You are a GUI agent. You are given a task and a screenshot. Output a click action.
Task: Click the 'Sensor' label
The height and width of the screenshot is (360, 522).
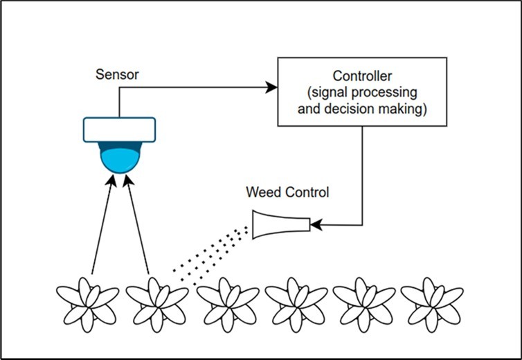pyautogui.click(x=117, y=74)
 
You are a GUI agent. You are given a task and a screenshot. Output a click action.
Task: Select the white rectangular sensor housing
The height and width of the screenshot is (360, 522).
pyautogui.click(x=120, y=129)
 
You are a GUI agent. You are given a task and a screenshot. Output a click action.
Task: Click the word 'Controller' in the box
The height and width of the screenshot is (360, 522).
pyautogui.click(x=362, y=76)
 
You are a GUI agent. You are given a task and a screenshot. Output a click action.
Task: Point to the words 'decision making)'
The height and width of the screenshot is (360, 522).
pyautogui.click(x=362, y=109)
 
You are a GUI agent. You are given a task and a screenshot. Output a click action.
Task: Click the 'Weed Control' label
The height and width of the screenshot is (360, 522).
pyautogui.click(x=288, y=192)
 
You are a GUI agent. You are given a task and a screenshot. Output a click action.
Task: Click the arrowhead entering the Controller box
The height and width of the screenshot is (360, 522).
pyautogui.click(x=272, y=87)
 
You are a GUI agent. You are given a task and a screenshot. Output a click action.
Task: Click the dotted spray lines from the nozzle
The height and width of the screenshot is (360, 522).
pyautogui.click(x=211, y=254)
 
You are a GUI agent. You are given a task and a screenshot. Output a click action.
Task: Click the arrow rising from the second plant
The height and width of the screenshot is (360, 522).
pyautogui.click(x=138, y=222)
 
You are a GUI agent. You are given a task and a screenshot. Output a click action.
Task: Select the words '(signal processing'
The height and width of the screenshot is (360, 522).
pyautogui.click(x=362, y=92)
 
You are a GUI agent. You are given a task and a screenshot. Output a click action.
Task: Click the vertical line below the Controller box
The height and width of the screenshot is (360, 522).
pyautogui.click(x=362, y=173)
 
